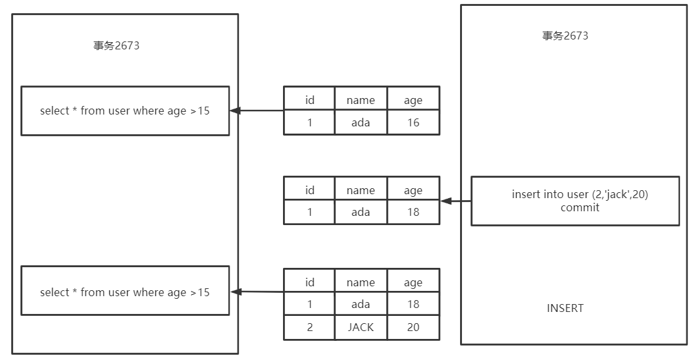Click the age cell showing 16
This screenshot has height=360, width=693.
coord(413,122)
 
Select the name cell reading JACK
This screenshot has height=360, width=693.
coord(361,327)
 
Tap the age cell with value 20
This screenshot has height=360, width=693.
coord(413,327)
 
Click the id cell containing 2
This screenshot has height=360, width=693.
coord(309,327)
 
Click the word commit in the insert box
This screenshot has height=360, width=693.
coord(580,207)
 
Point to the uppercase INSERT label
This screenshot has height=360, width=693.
coord(565,308)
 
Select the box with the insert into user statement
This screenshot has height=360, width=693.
coord(575,201)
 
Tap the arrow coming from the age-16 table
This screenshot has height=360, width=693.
coord(257,111)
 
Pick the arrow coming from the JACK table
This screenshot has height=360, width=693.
coord(257,292)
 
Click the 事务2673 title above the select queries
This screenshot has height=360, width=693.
coord(116,46)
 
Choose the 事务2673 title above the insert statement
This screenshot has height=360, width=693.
coord(565,36)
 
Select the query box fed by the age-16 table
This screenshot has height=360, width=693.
coord(125,111)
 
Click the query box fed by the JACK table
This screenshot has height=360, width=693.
coord(125,292)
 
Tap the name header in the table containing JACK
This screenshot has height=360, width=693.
coord(361,282)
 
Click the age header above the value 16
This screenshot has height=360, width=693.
coord(413,100)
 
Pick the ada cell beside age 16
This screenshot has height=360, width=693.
coord(361,122)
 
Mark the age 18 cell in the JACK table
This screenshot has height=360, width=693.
coord(413,304)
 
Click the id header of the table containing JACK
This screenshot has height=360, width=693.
coord(309,282)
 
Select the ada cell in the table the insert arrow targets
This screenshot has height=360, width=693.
coord(361,212)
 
